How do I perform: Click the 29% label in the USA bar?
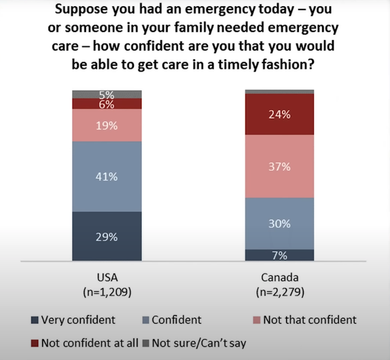click(x=107, y=237)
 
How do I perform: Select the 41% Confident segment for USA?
click(x=107, y=176)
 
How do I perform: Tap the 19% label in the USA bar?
click(x=107, y=126)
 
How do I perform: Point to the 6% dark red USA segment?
click(x=107, y=104)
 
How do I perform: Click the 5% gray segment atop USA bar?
click(x=107, y=94)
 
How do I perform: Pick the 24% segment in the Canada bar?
click(x=280, y=115)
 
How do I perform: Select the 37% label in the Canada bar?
click(x=280, y=167)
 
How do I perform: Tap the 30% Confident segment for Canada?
click(x=280, y=224)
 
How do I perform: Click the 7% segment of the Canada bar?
click(x=280, y=255)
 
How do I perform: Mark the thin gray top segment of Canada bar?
click(x=280, y=92)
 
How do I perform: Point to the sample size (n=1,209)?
click(x=106, y=293)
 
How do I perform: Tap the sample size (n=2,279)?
click(x=280, y=293)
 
